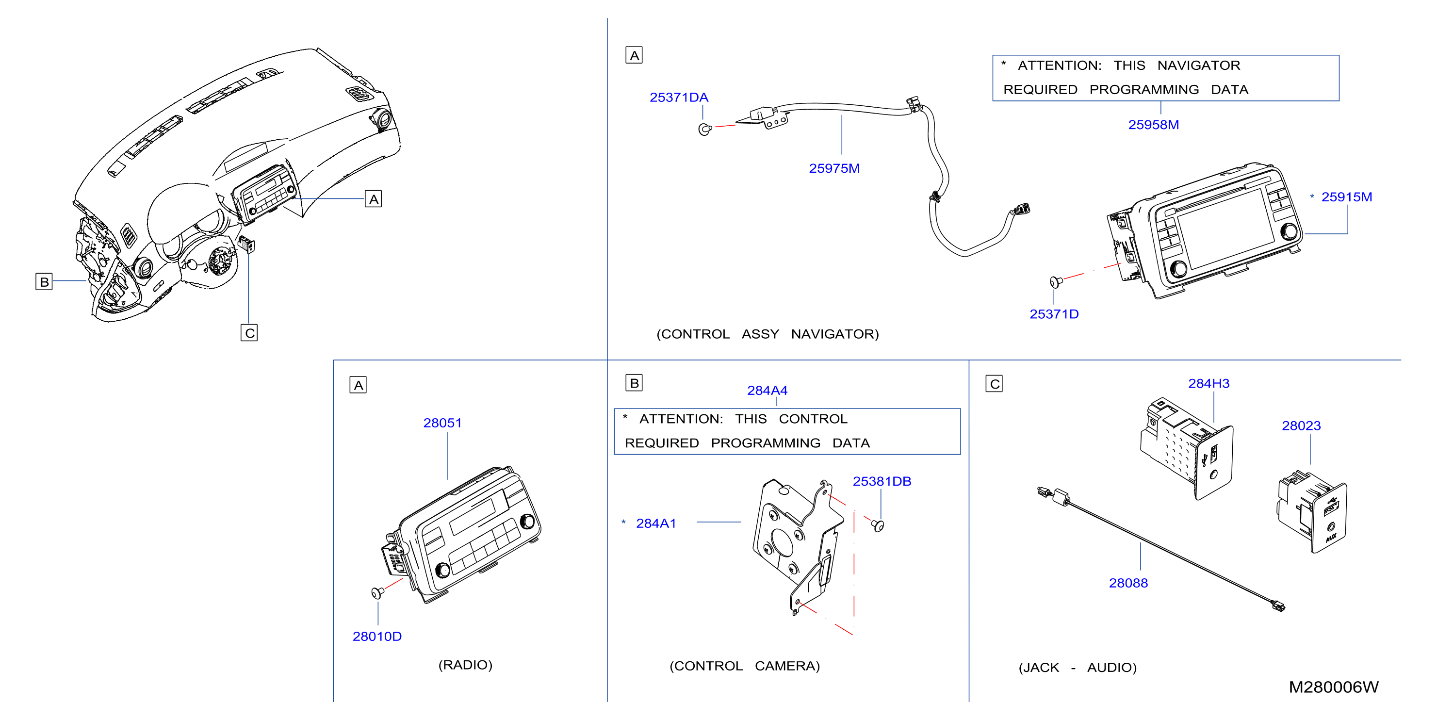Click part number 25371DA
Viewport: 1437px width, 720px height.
point(679,98)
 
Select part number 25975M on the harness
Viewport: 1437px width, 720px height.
point(834,168)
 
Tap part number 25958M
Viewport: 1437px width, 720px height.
point(1154,125)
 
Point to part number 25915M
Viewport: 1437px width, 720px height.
point(1347,197)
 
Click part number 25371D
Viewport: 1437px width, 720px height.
point(1054,314)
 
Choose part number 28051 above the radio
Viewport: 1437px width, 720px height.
point(442,423)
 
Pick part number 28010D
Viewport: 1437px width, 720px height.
point(377,637)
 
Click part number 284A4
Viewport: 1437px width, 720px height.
point(767,391)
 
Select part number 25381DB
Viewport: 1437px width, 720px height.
point(882,481)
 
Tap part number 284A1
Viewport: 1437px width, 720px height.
point(656,523)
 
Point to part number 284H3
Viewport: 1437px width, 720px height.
point(1209,383)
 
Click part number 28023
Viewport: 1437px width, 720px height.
point(1302,425)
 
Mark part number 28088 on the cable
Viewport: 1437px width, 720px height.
point(1128,583)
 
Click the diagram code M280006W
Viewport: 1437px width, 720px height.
point(1333,687)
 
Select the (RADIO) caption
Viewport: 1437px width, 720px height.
point(465,665)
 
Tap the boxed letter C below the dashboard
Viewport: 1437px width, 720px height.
point(249,333)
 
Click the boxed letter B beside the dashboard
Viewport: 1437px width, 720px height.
point(44,281)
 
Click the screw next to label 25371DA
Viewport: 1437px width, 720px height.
point(705,130)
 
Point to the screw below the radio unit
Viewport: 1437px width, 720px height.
point(377,592)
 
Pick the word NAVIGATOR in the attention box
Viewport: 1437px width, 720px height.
point(1199,65)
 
